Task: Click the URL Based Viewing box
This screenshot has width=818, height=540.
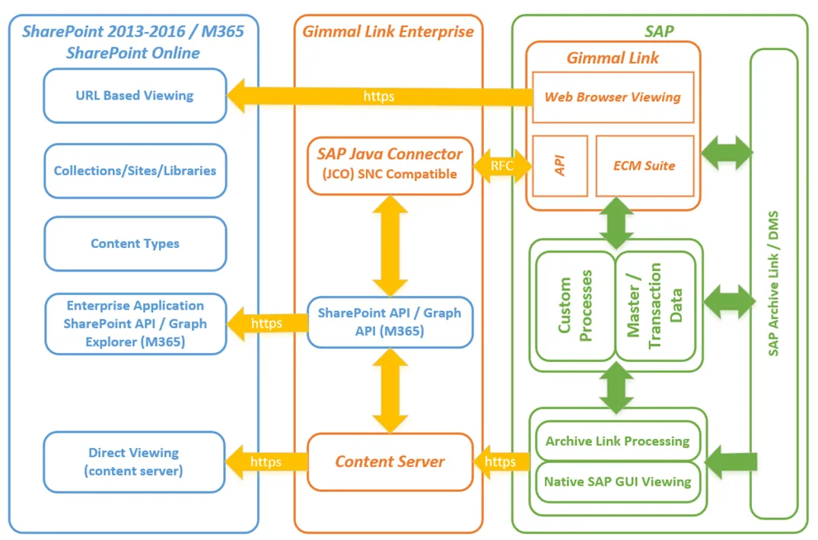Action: (135, 96)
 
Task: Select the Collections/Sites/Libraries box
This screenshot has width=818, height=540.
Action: (135, 171)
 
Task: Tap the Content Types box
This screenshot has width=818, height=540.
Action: (135, 243)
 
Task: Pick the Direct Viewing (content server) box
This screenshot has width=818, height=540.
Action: (134, 462)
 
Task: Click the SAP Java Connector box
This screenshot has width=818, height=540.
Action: (390, 166)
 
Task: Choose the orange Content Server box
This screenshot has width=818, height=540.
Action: (390, 462)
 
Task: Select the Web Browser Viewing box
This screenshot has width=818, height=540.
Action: (613, 97)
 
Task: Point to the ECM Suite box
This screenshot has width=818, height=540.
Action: (645, 166)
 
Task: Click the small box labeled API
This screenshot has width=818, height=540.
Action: (560, 166)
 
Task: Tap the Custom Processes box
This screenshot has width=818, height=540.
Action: (575, 306)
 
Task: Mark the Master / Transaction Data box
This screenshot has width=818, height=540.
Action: (655, 306)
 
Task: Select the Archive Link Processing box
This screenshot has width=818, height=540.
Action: (618, 441)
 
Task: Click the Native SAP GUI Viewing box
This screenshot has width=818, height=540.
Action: (618, 481)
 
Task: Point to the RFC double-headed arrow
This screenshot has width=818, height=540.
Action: (502, 166)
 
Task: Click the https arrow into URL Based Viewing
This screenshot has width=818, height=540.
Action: (380, 96)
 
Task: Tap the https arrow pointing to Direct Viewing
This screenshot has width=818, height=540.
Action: (266, 462)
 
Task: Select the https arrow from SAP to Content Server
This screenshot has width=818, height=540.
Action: (501, 462)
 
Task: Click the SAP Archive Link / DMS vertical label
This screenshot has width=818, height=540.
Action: (773, 284)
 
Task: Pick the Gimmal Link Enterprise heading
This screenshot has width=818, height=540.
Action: (388, 32)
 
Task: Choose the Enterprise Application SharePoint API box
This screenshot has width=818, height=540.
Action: (135, 324)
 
